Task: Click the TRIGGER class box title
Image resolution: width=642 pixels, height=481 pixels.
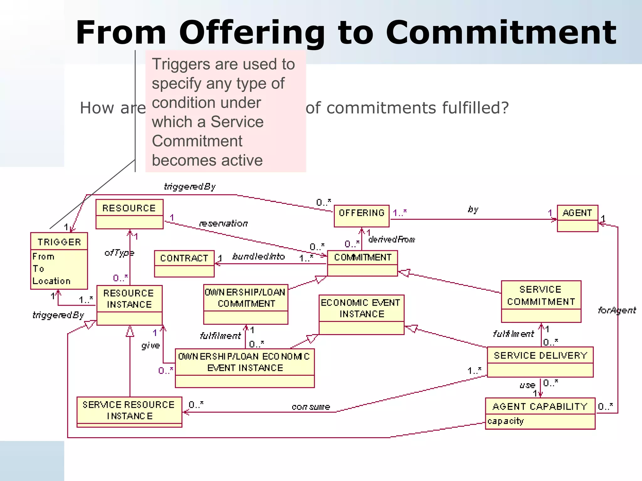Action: pos(59,242)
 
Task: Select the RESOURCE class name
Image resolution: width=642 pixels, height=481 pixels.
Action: pos(129,208)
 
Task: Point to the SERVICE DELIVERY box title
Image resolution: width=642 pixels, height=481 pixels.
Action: pos(540,355)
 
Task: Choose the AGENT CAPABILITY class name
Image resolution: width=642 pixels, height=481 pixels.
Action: pos(540,406)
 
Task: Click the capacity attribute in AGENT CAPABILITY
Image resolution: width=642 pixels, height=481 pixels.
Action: pos(506,421)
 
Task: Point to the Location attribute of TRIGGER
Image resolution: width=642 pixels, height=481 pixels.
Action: pos(51,281)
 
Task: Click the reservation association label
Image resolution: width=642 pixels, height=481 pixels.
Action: pos(223,223)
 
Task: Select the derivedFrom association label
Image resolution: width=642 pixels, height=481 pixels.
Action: pos(392,240)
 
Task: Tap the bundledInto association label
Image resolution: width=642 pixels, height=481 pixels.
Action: pos(259,256)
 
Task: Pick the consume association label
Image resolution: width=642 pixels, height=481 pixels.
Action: pos(311,407)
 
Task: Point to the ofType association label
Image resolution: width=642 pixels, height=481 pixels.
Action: pos(119,252)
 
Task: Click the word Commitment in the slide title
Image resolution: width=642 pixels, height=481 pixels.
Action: pos(501,33)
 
